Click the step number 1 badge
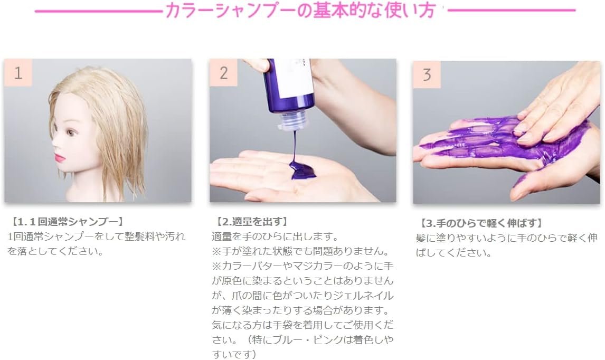(x=18, y=72)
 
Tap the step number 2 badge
(x=223, y=72)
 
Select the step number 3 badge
(x=427, y=74)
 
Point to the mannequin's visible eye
(x=70, y=133)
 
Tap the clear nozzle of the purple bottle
(x=291, y=120)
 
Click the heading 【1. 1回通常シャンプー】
(x=66, y=222)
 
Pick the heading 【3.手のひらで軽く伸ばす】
(x=480, y=223)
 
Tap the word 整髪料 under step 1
(x=140, y=236)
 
